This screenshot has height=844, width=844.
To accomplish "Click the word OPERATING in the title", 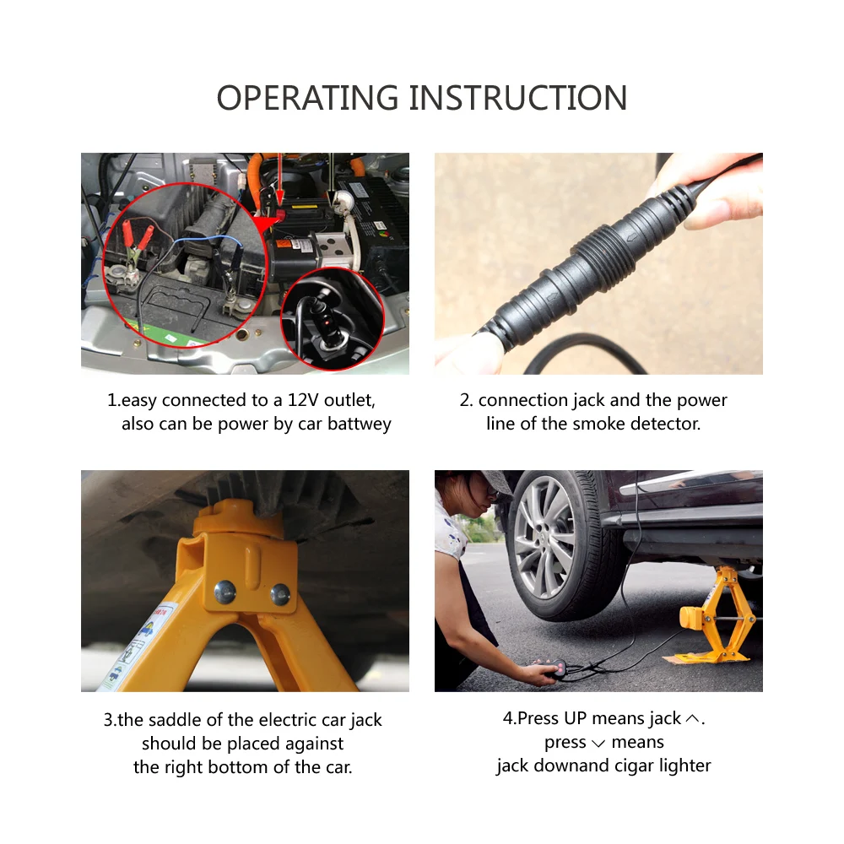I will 308,98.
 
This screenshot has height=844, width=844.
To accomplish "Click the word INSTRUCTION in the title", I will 518,98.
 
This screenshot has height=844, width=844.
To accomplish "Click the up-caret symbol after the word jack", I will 693,719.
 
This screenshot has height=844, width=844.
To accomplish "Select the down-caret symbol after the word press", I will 598,743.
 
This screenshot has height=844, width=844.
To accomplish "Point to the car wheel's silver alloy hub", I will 545,537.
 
